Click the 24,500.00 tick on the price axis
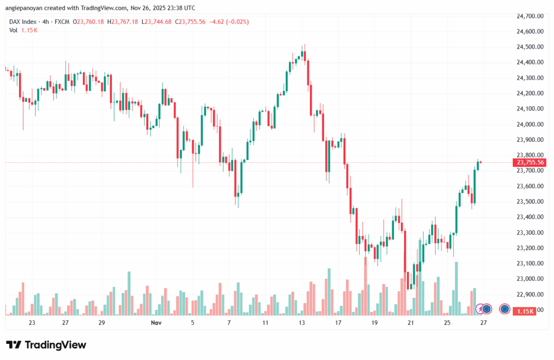pos(530,47)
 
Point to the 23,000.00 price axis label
pos(530,279)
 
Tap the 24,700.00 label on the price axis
pos(530,16)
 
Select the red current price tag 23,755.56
pos(531,162)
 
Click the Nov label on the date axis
pos(156,323)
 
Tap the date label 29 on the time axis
pos(101,323)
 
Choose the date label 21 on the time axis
pos(411,323)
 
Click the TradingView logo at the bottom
pos(46,345)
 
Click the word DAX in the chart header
pos(16,22)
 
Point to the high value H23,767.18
pos(123,22)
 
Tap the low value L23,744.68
pos(157,22)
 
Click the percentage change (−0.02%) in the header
pos(236,22)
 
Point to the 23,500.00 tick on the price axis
pos(530,201)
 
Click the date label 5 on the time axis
pos(193,323)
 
